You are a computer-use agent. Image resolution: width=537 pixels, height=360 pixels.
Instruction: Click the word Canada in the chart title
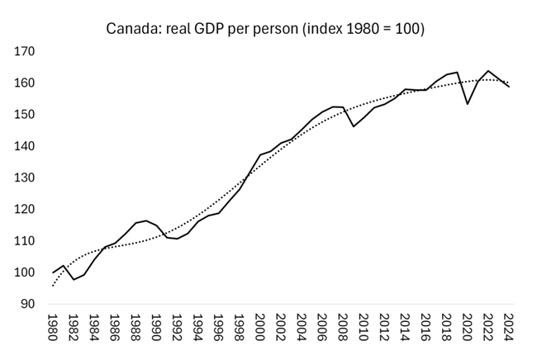(x=131, y=30)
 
